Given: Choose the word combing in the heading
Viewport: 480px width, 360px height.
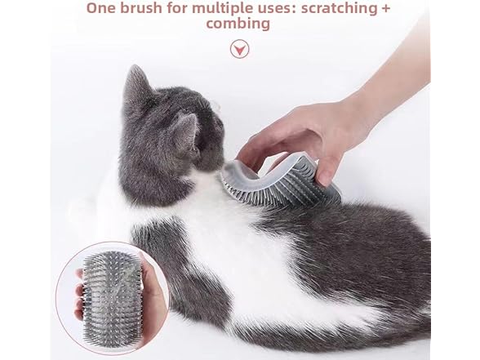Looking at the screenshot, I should click(238, 24).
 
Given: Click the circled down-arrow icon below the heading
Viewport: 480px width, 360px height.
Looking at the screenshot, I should click(239, 50).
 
